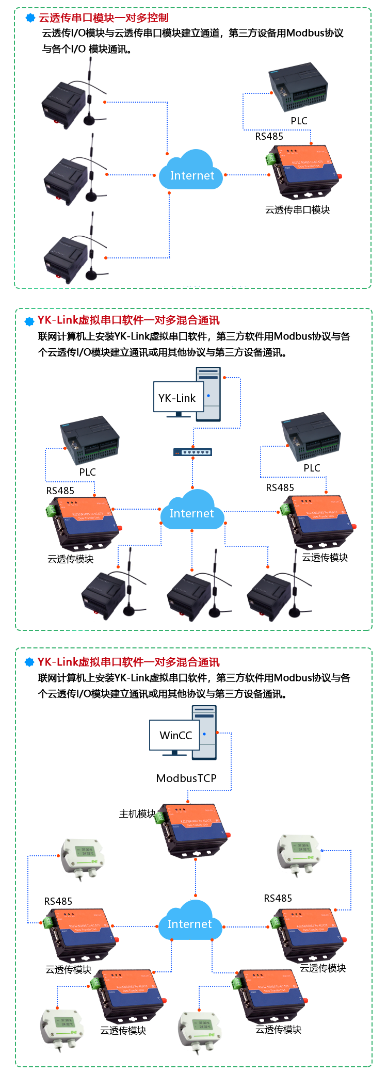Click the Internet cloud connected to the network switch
[192, 511]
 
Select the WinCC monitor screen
[175, 735]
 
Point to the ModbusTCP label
[186, 778]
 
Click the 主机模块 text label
[137, 814]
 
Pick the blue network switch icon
[192, 452]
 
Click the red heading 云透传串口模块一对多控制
[104, 18]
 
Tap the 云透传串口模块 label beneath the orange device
[297, 210]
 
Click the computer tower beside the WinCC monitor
[205, 733]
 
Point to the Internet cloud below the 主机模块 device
[190, 922]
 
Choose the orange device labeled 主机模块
[193, 828]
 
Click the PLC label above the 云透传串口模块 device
[299, 121]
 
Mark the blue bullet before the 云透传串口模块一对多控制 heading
[30, 18]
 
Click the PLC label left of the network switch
[87, 472]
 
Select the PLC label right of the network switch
[312, 468]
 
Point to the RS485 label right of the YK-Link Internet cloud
[280, 487]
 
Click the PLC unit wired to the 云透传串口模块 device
[298, 87]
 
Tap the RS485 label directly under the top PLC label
[269, 136]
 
